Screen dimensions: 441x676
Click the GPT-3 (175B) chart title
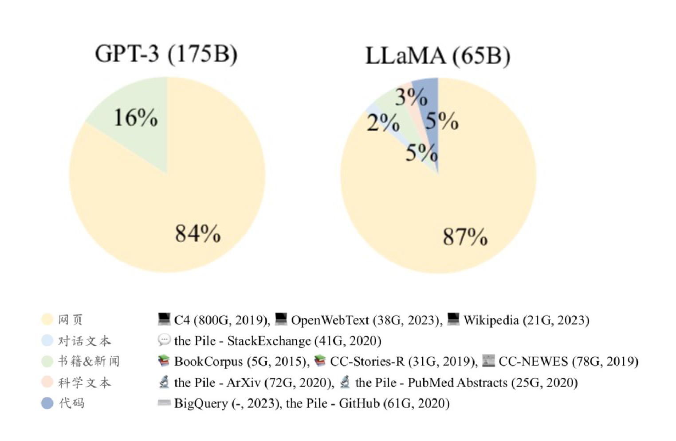166,54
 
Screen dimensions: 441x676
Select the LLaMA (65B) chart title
437,56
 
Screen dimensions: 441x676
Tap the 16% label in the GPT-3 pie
136,118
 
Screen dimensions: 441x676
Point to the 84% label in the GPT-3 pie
198,233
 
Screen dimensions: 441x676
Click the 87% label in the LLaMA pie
465,236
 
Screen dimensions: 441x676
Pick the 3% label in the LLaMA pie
411,97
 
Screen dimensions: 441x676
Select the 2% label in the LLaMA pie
383,123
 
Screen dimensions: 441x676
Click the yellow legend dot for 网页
47,319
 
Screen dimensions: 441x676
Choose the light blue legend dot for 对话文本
47,340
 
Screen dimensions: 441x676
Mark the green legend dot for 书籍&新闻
47,361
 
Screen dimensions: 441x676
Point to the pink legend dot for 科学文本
47,382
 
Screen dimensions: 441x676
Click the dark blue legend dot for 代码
47,403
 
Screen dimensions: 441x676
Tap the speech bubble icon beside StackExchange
164,340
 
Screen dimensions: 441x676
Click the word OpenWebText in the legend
330,320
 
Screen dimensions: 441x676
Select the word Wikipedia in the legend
491,320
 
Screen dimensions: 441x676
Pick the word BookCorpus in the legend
208,361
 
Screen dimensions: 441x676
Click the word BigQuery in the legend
200,403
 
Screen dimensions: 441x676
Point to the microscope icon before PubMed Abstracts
345,382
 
